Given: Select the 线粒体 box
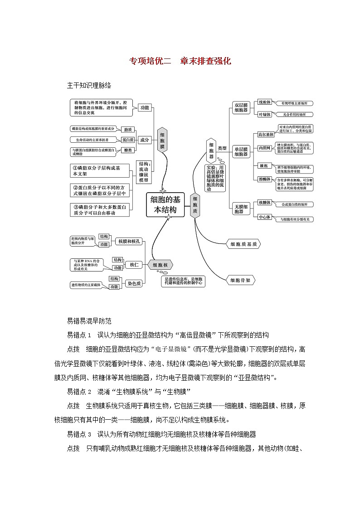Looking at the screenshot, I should (264, 102).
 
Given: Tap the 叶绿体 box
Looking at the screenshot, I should (264, 115).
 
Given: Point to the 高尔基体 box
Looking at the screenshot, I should (266, 135).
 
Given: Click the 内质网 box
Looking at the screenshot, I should (264, 148).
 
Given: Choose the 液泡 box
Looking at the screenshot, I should (263, 166).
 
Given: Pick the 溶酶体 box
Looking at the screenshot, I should (264, 179).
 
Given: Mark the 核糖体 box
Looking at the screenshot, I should (264, 203).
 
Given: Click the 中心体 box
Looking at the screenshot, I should (264, 217).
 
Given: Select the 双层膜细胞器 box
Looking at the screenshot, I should (241, 107).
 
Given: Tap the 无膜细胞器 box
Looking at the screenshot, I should (241, 208).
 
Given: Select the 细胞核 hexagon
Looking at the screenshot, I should (160, 265).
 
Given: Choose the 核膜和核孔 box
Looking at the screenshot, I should (129, 242).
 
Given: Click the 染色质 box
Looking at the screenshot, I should (134, 283).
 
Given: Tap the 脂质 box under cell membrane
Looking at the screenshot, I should (128, 129).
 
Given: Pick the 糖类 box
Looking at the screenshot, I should (128, 150).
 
